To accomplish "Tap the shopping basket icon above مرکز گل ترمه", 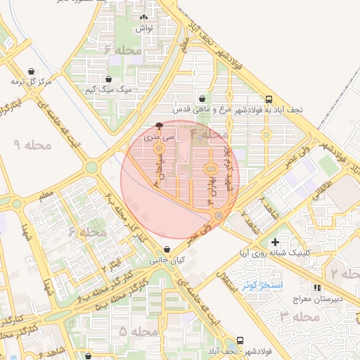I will click(32, 71).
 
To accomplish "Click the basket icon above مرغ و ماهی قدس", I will click(202, 99).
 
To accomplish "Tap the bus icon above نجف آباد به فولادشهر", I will click(269, 99).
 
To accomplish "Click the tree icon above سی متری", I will click(159, 127).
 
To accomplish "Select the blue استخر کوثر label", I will click(262, 285).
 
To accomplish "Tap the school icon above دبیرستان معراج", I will click(316, 287).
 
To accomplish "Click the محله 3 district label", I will click(299, 317).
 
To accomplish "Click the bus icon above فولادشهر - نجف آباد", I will click(240, 339).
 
